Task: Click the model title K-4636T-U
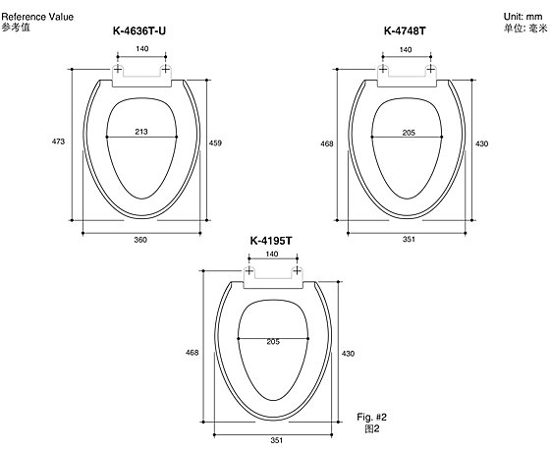point(139,30)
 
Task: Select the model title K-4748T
point(405,30)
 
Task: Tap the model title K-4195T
point(271,241)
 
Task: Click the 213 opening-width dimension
point(141,132)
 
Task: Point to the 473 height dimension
point(58,141)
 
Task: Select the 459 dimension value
point(215,142)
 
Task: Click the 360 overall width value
point(140,240)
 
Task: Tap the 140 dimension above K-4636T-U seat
point(141,49)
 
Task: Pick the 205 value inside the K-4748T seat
point(409,133)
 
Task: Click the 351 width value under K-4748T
point(409,240)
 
